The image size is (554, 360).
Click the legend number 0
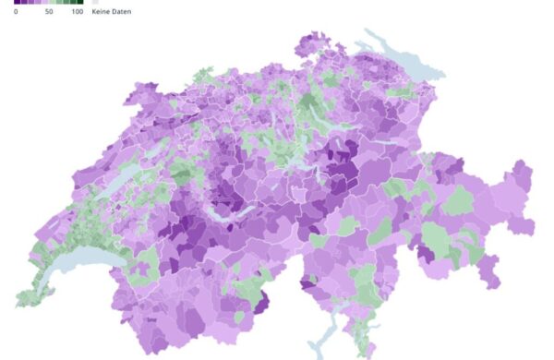(x=16, y=12)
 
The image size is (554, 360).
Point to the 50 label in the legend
(x=49, y=12)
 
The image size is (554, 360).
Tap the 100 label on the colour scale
(x=77, y=12)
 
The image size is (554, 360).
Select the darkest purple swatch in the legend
(x=17, y=3)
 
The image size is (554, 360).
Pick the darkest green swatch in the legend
(x=80, y=3)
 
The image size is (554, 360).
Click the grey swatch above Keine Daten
(x=95, y=3)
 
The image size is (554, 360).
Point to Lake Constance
(x=393, y=47)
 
